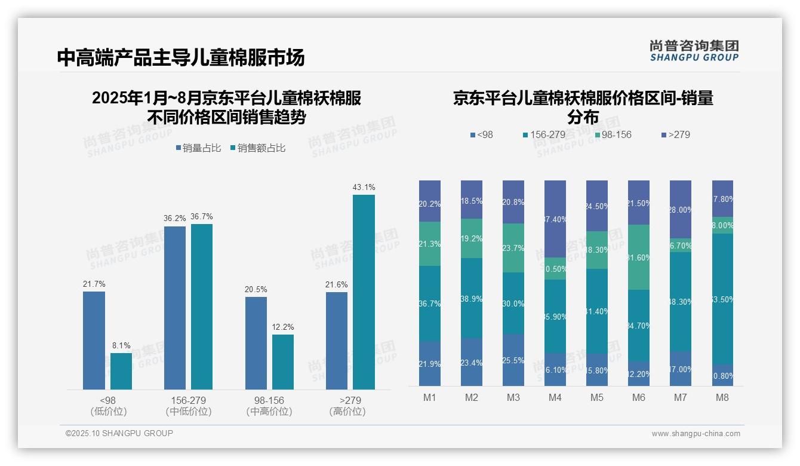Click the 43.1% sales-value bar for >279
click(364, 292)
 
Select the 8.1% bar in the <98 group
click(121, 371)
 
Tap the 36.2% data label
click(175, 219)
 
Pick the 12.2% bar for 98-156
click(283, 362)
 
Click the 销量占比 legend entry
click(200, 148)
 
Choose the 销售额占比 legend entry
click(257, 148)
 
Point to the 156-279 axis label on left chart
click(188, 400)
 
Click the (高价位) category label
click(347, 412)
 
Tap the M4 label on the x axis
click(555, 398)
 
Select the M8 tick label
click(722, 398)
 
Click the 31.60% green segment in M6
click(638, 257)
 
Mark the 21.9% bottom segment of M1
click(429, 364)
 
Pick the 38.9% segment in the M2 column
click(471, 298)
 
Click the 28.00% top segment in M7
click(680, 209)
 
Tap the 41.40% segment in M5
click(596, 311)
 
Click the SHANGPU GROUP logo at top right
click(694, 51)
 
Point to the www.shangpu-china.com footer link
click(696, 434)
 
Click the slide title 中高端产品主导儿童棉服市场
click(181, 57)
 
